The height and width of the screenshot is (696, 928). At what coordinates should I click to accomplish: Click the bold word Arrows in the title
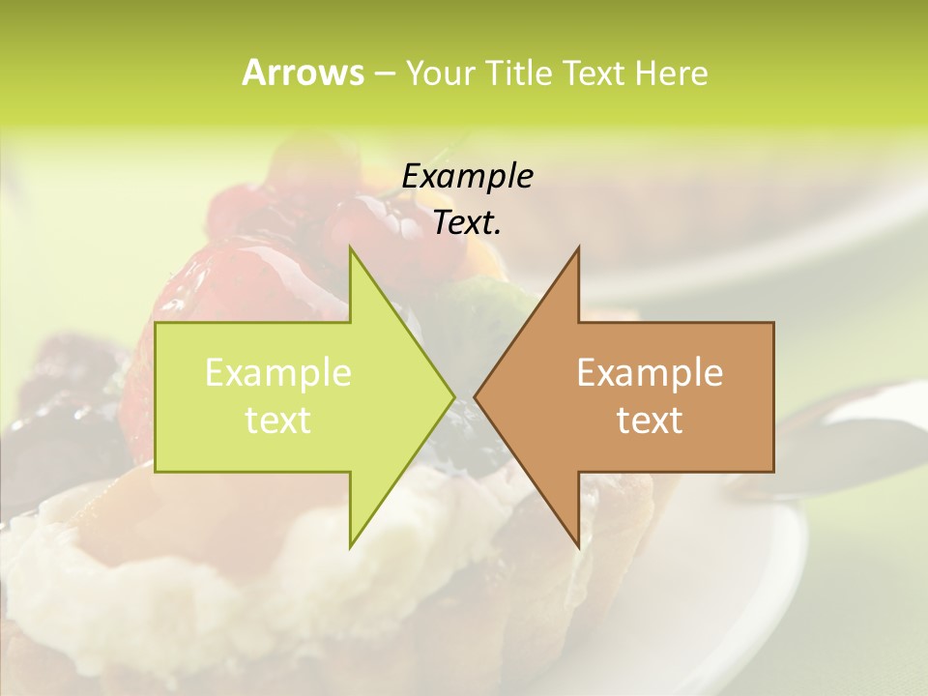[303, 72]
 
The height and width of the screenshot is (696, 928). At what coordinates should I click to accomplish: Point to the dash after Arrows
[384, 73]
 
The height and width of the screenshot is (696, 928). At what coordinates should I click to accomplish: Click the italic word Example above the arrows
[467, 176]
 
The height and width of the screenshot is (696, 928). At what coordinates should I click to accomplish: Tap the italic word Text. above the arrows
[467, 222]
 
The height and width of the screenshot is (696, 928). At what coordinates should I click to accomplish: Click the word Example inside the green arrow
[278, 372]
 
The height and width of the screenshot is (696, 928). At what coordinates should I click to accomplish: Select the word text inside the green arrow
[278, 420]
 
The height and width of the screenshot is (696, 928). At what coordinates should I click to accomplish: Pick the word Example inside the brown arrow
[650, 372]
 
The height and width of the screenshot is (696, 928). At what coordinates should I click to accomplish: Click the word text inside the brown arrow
[650, 420]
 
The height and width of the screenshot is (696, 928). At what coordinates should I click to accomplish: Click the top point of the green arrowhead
[351, 248]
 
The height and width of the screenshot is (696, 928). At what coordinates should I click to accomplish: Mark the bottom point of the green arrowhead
[351, 546]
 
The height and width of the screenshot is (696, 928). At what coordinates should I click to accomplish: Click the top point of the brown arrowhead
[578, 248]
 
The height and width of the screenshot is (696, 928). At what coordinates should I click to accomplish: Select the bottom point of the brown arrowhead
[578, 546]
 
